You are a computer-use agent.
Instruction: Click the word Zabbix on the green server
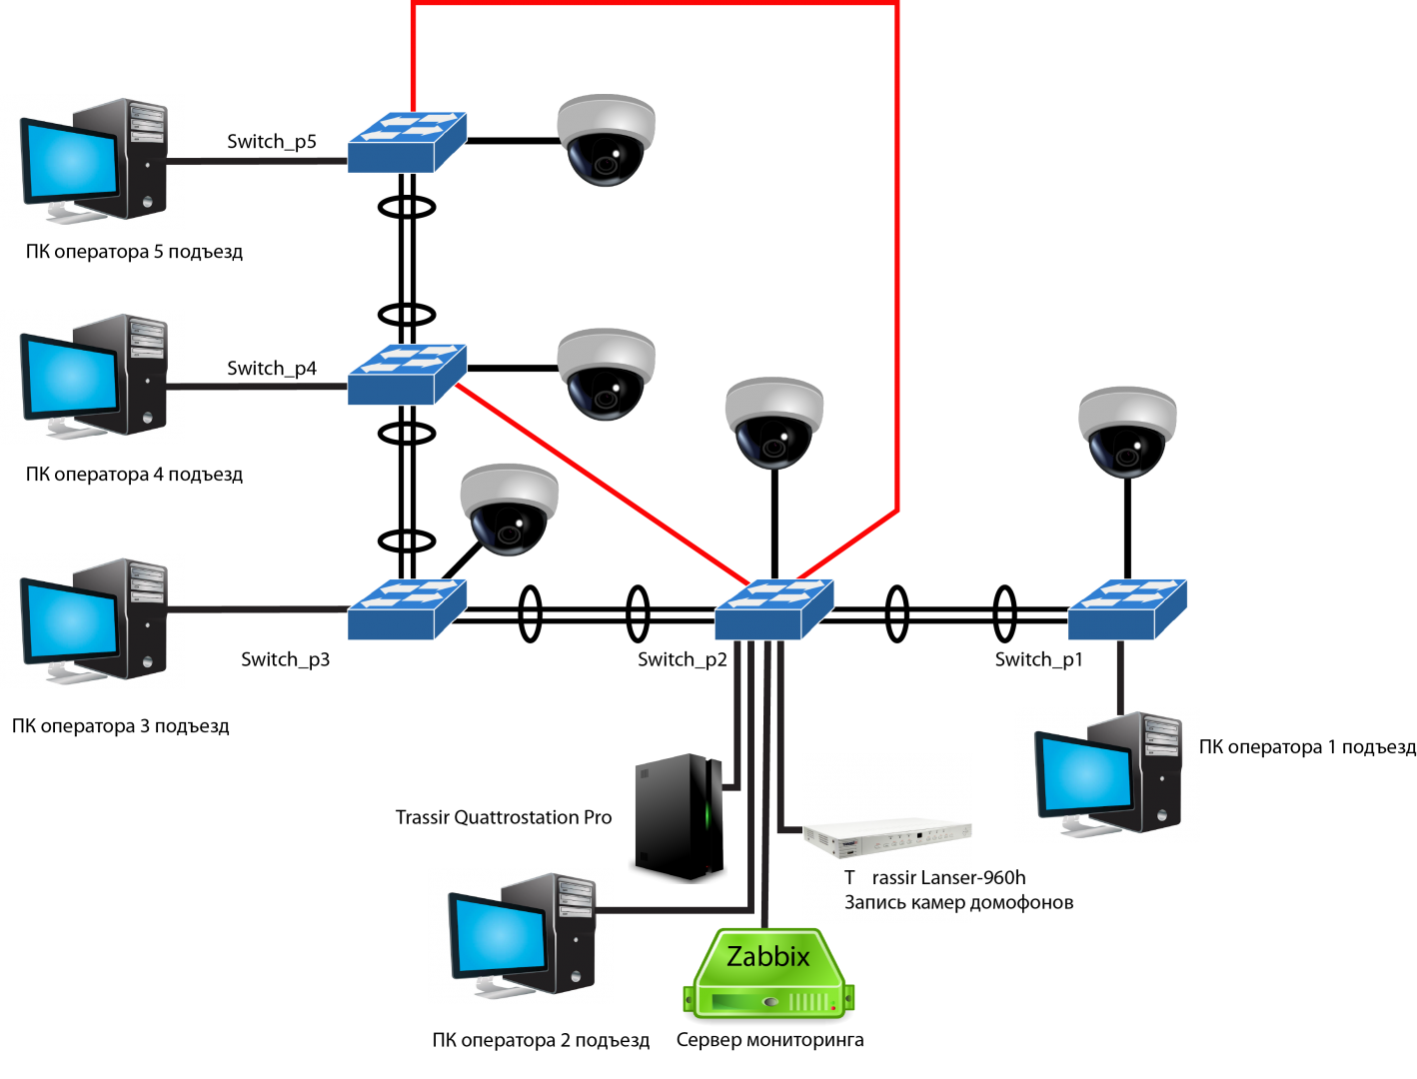[x=767, y=957]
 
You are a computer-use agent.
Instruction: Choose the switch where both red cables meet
[x=773, y=609]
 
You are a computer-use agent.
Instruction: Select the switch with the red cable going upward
[x=407, y=142]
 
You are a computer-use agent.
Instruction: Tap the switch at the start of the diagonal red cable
[x=407, y=375]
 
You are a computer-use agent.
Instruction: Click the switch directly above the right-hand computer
[x=1127, y=609]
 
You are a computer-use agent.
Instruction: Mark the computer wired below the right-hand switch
[x=1107, y=775]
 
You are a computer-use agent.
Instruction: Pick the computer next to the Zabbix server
[x=521, y=936]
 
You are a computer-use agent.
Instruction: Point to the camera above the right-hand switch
[x=1127, y=431]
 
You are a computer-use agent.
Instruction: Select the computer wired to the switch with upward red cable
[x=93, y=162]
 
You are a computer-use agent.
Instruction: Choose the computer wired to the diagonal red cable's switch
[x=93, y=377]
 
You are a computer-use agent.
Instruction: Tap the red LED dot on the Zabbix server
[x=832, y=1008]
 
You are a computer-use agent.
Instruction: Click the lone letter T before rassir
[x=849, y=878]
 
